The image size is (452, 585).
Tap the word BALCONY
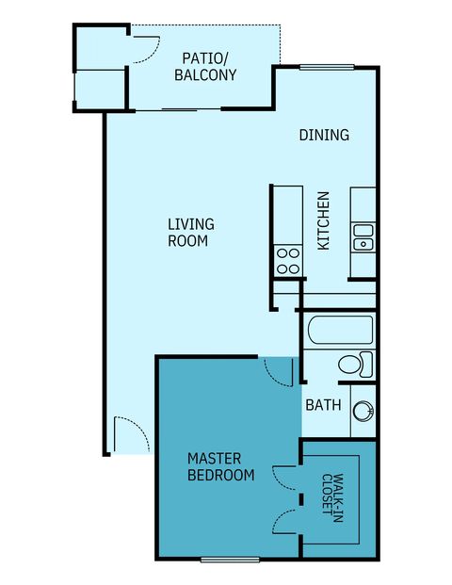tap(204, 75)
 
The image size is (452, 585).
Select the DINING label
tap(324, 135)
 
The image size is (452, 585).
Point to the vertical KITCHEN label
tap(323, 221)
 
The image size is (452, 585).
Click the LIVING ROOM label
tap(190, 233)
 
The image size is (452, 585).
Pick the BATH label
tap(322, 406)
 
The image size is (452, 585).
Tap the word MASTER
tap(215, 459)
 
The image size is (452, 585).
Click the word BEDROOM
tap(221, 476)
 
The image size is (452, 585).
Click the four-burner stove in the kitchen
tap(287, 261)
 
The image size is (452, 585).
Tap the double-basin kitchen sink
tap(363, 237)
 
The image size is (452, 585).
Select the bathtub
tap(340, 331)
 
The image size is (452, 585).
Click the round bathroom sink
tap(363, 411)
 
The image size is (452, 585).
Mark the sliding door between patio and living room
tap(179, 110)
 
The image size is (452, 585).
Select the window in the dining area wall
tap(326, 66)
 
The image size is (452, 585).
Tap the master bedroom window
tap(230, 560)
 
